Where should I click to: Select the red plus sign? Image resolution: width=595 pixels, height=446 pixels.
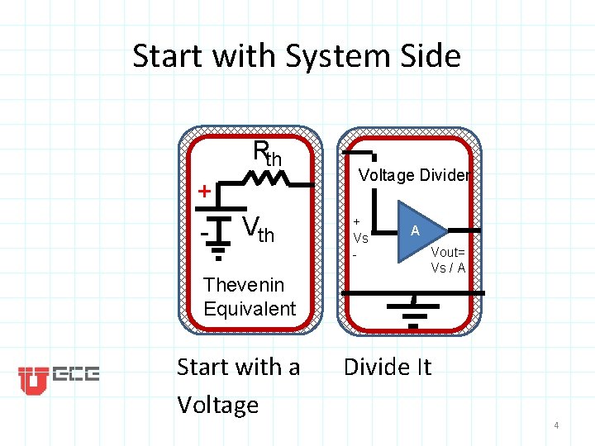coord(204,192)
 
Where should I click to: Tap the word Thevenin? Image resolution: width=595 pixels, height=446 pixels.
coord(244,285)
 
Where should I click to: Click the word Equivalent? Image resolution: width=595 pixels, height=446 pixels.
coord(249,309)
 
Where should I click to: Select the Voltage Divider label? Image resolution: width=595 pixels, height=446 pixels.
coord(414,175)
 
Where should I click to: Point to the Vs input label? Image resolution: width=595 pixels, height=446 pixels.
coord(360,238)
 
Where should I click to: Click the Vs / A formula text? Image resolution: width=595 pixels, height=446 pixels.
coord(448,268)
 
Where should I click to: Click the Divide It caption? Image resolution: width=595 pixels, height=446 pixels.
coord(387,367)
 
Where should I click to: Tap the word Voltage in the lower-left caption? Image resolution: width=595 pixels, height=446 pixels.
coord(217,405)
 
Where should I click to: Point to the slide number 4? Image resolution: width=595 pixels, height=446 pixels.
coord(556,425)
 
